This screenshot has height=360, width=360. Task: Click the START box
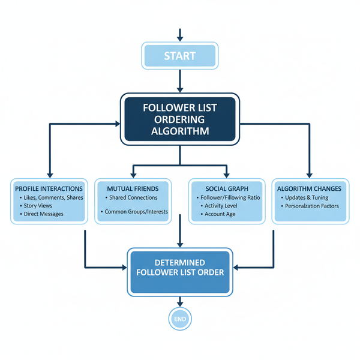[179, 56]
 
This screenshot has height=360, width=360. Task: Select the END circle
[179, 319]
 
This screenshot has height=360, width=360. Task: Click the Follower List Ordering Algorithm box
[180, 119]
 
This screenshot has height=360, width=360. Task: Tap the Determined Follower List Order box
[180, 268]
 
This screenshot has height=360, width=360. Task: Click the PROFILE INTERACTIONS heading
[48, 188]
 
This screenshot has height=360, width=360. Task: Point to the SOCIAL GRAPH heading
[226, 188]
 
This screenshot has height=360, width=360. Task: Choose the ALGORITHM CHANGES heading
[309, 188]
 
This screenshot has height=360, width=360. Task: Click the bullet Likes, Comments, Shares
[52, 197]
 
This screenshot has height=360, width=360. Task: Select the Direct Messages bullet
[44, 214]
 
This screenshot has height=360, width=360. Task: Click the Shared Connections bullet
[133, 197]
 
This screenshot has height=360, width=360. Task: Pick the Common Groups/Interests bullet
[136, 211]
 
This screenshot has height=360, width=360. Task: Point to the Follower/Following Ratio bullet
[229, 197]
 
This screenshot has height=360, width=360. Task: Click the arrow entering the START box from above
[179, 34]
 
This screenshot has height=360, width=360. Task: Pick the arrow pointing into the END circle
[179, 302]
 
